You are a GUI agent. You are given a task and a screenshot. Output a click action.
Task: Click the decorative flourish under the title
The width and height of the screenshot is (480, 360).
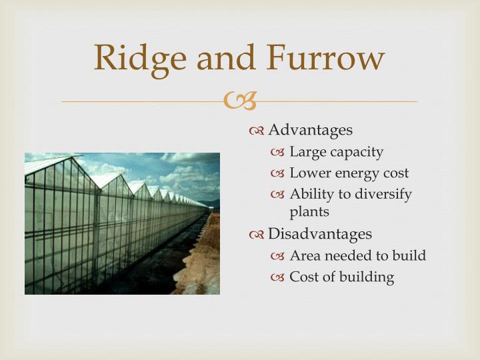pos(239,101)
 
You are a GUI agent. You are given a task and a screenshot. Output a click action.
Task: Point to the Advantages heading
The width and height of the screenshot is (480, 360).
pos(310,129)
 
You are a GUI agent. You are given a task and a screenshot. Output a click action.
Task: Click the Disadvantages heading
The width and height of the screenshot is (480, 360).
pos(319,234)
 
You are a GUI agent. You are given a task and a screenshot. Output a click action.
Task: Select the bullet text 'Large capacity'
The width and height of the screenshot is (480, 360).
pos(336,153)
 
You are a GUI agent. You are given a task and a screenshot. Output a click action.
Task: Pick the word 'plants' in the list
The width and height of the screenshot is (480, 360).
pos(309,212)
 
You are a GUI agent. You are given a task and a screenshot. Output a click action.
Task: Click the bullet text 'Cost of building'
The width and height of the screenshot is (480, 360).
pos(341,277)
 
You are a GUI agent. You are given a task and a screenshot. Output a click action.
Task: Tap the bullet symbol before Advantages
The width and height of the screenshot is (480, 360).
pos(257,130)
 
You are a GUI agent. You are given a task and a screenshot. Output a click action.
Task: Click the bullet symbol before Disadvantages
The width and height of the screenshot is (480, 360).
pos(257,235)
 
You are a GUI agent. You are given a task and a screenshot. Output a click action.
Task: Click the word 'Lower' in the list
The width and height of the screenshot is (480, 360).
pos(307,173)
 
